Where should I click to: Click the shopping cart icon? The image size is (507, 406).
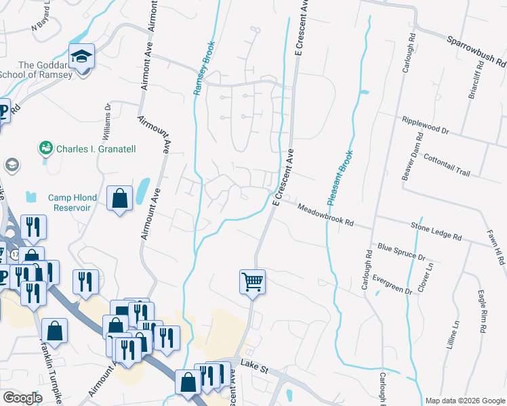[252, 280]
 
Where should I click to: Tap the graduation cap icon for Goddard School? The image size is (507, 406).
[81, 56]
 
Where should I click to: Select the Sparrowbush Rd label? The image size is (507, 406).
[476, 51]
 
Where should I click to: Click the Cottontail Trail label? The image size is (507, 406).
[446, 163]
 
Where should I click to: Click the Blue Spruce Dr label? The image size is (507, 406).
[401, 252]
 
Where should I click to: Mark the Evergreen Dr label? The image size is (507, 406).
[387, 283]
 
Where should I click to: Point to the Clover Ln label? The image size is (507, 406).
[429, 277]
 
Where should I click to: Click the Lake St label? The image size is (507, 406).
[256, 371]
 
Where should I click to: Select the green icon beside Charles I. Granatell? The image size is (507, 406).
[46, 148]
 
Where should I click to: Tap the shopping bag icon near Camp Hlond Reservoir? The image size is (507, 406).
[119, 199]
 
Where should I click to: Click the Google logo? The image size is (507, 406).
[22, 398]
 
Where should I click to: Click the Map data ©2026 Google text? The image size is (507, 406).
[464, 401]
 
